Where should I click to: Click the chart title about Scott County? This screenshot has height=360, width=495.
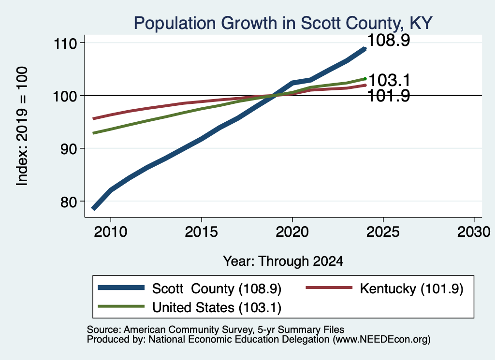point(283,23)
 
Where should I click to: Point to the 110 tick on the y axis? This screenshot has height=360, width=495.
point(65,43)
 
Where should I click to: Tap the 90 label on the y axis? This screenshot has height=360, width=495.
point(69,149)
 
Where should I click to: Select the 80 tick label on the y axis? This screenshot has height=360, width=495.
point(69,202)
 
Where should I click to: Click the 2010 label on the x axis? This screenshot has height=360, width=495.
point(111,232)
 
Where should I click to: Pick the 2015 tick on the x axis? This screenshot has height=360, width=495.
point(202,232)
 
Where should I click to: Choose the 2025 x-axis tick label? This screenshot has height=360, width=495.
point(383,232)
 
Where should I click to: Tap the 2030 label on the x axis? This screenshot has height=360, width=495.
point(474,232)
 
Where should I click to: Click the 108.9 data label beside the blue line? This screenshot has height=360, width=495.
point(389,40)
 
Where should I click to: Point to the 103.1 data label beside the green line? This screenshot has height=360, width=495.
point(389,80)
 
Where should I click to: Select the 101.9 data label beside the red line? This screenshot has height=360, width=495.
point(389,96)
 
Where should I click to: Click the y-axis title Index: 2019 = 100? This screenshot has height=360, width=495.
point(22,126)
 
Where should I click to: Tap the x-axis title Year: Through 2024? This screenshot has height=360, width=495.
point(283,261)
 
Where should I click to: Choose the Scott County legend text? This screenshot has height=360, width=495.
point(217,288)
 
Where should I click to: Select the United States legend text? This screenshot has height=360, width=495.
point(217,308)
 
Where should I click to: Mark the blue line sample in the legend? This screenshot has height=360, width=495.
point(121,288)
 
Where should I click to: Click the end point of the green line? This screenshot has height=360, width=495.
point(365,79)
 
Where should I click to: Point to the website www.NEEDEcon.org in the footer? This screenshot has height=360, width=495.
point(381,340)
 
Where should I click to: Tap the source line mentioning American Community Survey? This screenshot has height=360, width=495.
point(215,330)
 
